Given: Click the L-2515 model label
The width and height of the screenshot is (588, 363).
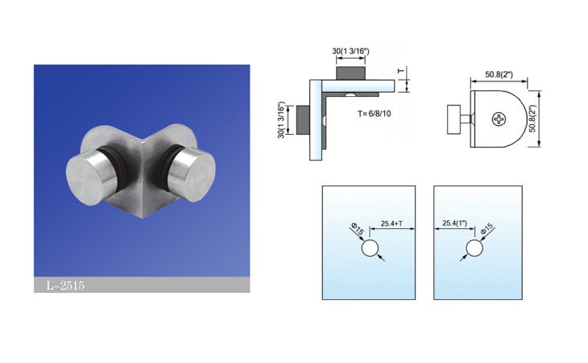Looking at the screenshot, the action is pyautogui.click(x=65, y=286).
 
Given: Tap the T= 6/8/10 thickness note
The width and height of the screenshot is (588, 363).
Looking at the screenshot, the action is pyautogui.click(x=374, y=114).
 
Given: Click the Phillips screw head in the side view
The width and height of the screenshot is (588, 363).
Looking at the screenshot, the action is pyautogui.click(x=499, y=119).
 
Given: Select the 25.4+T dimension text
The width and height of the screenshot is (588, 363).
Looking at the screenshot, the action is pyautogui.click(x=392, y=223).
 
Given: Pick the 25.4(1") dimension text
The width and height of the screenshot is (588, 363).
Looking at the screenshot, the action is pyautogui.click(x=454, y=223).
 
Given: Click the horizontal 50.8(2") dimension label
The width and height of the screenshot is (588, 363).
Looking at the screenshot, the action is pyautogui.click(x=499, y=74).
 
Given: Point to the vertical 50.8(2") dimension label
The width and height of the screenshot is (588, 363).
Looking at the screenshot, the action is pyautogui.click(x=532, y=119).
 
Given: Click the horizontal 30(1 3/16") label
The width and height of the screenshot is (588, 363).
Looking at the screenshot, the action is pyautogui.click(x=350, y=51).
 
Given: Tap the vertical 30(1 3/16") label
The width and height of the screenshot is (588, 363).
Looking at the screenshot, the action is pyautogui.click(x=282, y=119).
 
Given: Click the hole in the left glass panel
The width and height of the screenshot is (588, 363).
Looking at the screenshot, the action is pyautogui.click(x=370, y=248).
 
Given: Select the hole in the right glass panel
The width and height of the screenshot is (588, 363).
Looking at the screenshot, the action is pyautogui.click(x=474, y=248).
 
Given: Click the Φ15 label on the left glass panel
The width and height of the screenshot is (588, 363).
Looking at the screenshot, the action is pyautogui.click(x=358, y=229).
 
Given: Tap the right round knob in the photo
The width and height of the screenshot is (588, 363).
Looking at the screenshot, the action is pyautogui.click(x=192, y=174).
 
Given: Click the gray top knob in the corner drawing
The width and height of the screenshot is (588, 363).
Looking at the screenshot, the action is pyautogui.click(x=350, y=73).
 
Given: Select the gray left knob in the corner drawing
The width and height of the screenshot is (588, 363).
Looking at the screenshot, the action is pyautogui.click(x=303, y=119).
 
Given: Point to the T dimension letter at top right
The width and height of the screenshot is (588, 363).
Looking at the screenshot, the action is pyautogui.click(x=401, y=70).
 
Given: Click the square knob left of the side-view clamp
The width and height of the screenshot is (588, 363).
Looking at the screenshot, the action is pyautogui.click(x=453, y=119).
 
